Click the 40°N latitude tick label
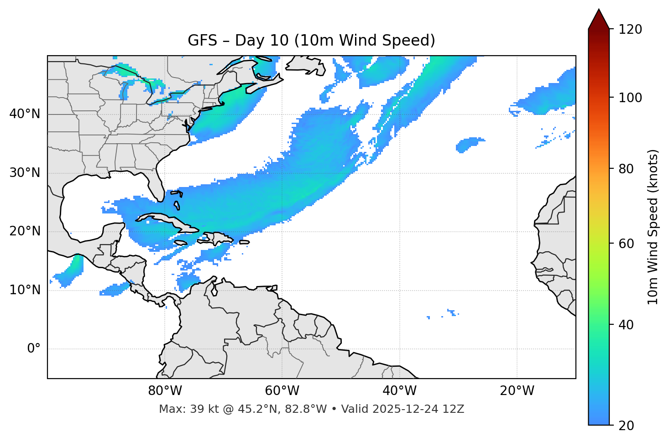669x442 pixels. (25, 114)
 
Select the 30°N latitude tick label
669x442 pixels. (25, 173)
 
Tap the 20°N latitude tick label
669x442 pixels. (25, 231)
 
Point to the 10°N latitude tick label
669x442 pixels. (25, 290)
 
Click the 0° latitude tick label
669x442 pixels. (33, 349)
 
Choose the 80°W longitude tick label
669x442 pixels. (165, 391)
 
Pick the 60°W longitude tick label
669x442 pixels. (282, 391)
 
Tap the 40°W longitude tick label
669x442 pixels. (399, 391)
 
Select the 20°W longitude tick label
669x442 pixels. (517, 391)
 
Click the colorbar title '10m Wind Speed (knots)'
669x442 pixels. (653, 227)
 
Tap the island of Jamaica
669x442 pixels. (181, 243)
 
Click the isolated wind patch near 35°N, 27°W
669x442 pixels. (469, 145)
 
